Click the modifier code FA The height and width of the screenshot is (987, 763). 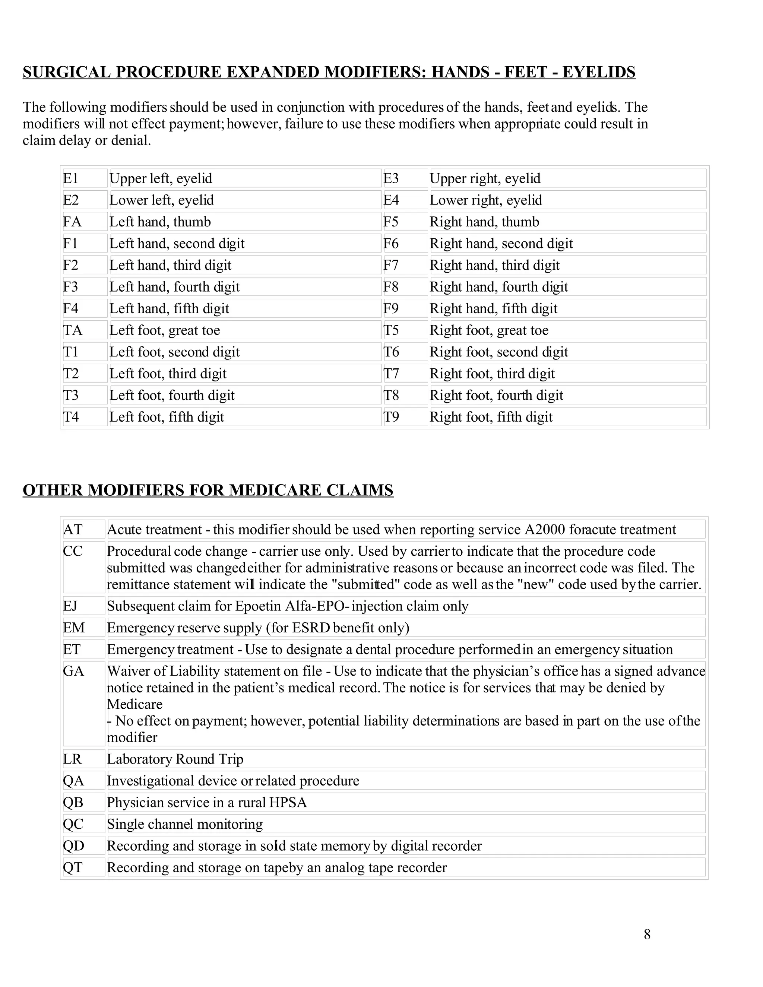pos(72,222)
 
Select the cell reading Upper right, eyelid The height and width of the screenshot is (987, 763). pos(485,178)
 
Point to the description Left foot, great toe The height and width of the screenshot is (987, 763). pos(165,330)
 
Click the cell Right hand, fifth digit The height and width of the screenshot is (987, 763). pos(493,309)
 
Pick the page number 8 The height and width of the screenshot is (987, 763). pos(647,934)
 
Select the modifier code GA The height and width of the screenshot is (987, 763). pos(74,671)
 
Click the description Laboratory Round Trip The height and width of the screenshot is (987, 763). pos(175,759)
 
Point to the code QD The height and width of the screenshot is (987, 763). pos(74,846)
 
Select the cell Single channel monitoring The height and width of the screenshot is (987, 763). pos(184,824)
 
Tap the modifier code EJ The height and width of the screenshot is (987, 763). pos(70,606)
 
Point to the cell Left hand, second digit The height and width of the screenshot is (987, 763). pos(177,244)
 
